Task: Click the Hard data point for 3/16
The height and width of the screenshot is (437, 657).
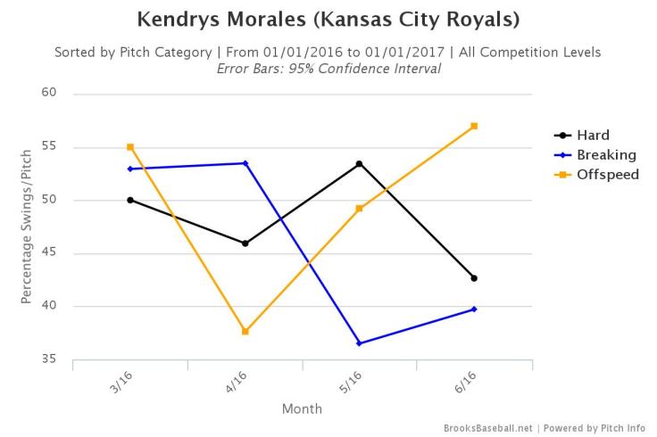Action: (x=130, y=200)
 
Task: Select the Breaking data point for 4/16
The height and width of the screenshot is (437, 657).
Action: (x=245, y=163)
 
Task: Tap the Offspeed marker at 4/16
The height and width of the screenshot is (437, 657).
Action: (x=245, y=332)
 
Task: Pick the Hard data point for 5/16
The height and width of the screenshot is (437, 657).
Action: (x=359, y=164)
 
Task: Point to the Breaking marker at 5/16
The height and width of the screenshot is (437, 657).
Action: (x=359, y=343)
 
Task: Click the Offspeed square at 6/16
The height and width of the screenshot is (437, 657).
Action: (x=474, y=126)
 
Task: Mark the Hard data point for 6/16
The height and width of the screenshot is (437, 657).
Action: (x=474, y=278)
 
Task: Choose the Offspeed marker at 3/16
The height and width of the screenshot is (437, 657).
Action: (x=130, y=147)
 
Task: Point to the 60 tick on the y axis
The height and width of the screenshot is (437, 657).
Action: (x=48, y=93)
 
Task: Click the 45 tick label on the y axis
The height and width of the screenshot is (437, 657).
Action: (x=48, y=253)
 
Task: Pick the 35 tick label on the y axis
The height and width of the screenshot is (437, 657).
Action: (x=48, y=359)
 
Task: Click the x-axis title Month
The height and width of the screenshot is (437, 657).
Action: (x=302, y=409)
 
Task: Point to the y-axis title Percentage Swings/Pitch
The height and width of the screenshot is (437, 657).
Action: (x=27, y=227)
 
